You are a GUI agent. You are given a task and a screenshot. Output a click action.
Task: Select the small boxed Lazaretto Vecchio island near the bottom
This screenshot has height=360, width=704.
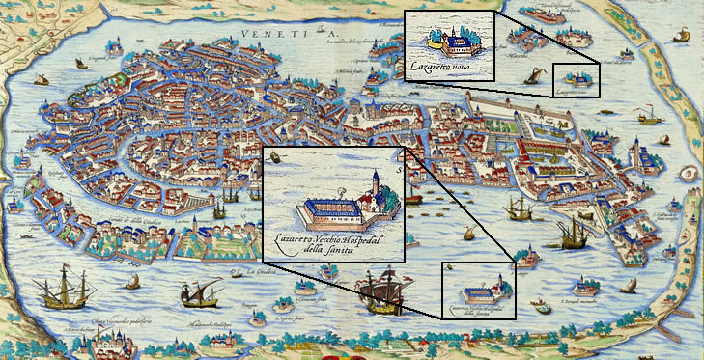pos(477,291)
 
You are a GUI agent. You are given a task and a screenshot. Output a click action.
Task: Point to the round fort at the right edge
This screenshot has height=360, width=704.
pos(688,175)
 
